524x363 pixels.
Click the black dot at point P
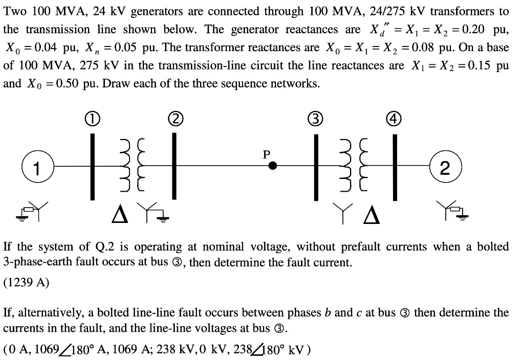click(274, 166)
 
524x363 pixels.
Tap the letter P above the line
click(266, 153)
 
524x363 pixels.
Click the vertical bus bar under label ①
click(93, 166)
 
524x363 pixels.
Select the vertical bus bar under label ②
click(174, 166)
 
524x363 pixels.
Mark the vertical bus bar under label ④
click(395, 166)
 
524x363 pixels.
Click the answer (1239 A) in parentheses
click(26, 282)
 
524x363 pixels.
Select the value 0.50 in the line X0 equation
click(59, 83)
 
